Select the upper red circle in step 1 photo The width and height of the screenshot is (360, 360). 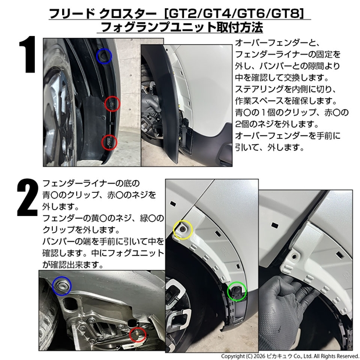[x=105, y=104]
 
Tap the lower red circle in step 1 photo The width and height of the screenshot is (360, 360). [x=102, y=142]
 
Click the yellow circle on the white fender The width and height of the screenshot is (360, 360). [x=174, y=230]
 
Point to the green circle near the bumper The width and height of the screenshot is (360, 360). [x=228, y=291]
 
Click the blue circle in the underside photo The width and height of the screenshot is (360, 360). [x=53, y=286]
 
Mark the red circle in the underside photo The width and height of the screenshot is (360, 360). [x=129, y=334]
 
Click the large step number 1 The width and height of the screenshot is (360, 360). [x=27, y=54]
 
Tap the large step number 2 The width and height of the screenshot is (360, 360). [x=27, y=197]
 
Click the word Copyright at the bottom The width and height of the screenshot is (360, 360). [x=233, y=356]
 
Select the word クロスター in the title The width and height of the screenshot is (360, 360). [x=128, y=14]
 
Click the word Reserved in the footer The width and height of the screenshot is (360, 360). [x=347, y=356]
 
